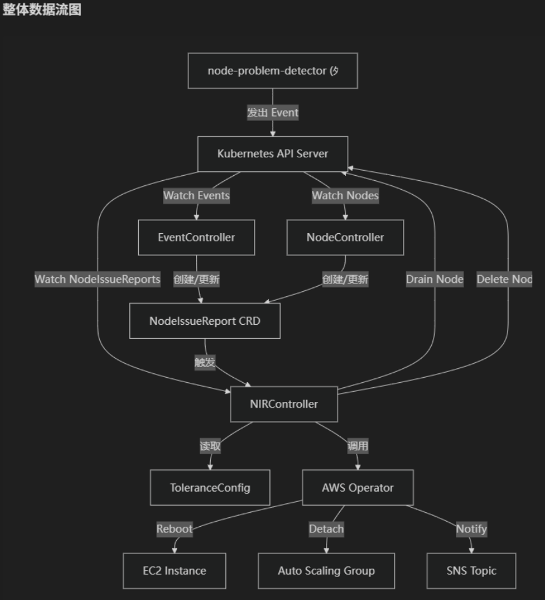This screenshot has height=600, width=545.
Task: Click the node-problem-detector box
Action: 272,71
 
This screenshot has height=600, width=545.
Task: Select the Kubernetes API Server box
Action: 272,154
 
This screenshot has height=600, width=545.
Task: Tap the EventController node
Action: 196,237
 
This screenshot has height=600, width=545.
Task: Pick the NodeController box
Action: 345,237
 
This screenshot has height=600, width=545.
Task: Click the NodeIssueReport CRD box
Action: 204,320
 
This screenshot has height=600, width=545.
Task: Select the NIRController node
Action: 283,403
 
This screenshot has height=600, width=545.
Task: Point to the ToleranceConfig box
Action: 210,487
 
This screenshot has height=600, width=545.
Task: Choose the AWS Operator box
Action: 357,487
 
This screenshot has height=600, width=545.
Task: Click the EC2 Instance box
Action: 174,570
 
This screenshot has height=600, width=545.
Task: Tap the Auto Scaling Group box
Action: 326,570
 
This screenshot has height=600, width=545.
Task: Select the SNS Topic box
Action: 471,570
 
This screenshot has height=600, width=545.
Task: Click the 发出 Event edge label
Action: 272,112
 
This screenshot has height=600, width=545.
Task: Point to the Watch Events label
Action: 196,196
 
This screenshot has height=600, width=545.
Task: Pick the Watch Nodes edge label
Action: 345,196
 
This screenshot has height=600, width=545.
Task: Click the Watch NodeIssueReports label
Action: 97,279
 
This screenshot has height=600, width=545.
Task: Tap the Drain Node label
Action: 435,279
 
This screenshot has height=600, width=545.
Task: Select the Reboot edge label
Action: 174,529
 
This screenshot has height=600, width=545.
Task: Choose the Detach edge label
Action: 326,529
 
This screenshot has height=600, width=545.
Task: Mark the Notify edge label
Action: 471,529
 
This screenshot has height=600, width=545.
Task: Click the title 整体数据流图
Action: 42,10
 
